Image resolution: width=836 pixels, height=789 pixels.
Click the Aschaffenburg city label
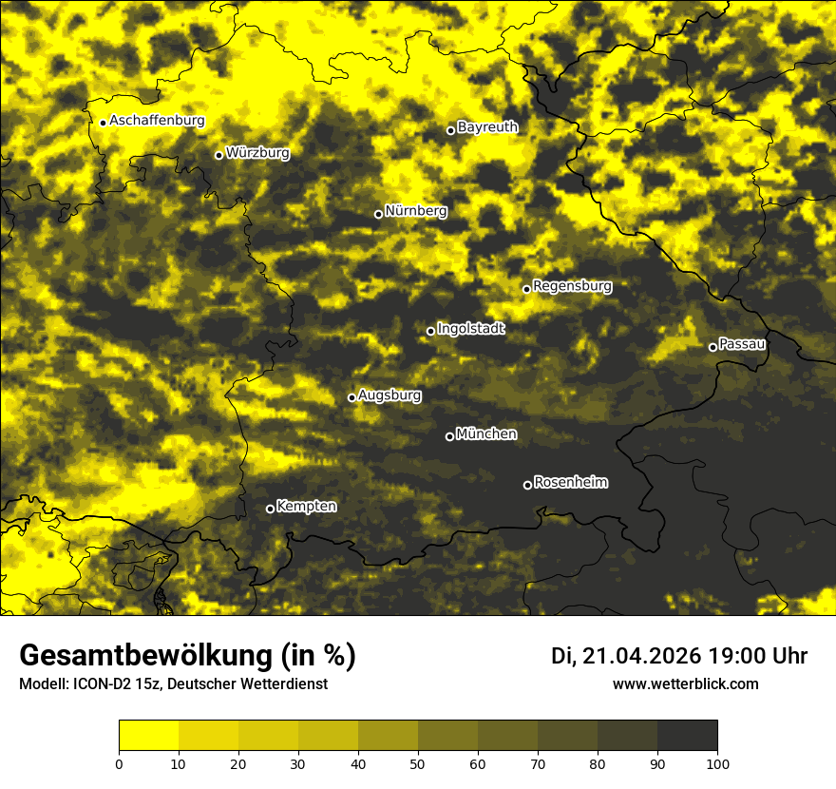coord(157,121)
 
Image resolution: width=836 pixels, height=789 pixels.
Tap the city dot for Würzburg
coord(218,155)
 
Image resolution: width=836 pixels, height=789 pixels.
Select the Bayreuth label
coord(487,127)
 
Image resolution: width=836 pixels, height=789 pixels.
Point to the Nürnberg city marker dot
coord(378,214)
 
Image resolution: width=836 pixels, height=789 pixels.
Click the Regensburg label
coord(572,286)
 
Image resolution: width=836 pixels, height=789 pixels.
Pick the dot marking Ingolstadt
coord(430,332)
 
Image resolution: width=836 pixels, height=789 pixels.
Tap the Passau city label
coord(742,344)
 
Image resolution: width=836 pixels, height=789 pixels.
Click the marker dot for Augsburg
coord(351,397)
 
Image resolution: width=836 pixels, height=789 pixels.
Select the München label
coord(486,434)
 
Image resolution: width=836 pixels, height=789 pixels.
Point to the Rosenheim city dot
coord(527,486)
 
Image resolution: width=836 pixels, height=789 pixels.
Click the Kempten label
coord(306,507)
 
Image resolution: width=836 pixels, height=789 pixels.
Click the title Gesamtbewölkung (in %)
coord(187,656)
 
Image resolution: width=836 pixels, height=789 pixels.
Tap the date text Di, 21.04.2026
coord(626,656)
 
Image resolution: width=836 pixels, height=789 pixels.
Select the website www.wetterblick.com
coord(685,684)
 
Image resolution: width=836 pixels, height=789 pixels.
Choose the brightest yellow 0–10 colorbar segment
coord(149,735)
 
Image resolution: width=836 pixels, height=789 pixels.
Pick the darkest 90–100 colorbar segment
coord(687,735)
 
